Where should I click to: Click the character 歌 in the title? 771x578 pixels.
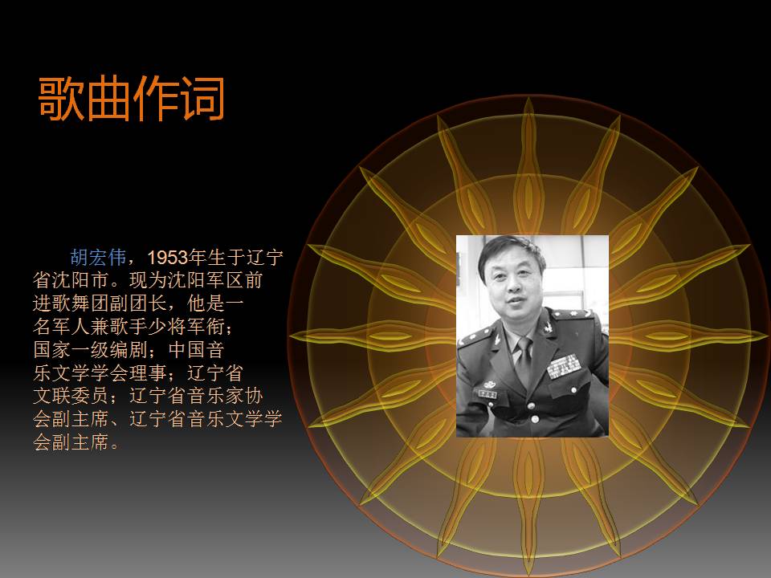[x=62, y=99]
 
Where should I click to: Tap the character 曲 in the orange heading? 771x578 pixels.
[x=108, y=99]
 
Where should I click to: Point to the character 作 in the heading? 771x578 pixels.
[x=155, y=99]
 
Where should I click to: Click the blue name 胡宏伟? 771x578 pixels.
[x=99, y=258]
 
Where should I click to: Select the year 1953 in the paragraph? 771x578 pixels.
[x=167, y=258]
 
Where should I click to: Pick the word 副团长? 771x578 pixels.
[x=158, y=304]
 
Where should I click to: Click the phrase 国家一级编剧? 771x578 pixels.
[x=90, y=351]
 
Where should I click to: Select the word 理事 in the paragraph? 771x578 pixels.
[x=148, y=374]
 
